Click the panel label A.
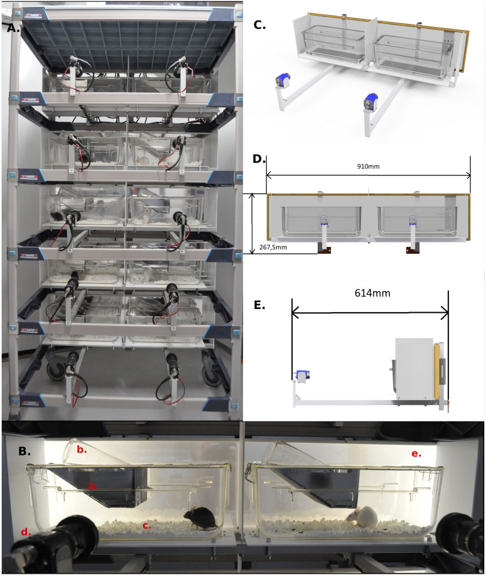pyautogui.click(x=13, y=28)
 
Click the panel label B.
pyautogui.click(x=24, y=451)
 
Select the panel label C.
pyautogui.click(x=260, y=25)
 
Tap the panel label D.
pyautogui.click(x=259, y=159)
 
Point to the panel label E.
pyautogui.click(x=259, y=305)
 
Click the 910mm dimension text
pyautogui.click(x=368, y=166)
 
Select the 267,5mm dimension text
pyautogui.click(x=273, y=247)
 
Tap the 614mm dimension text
pyautogui.click(x=372, y=293)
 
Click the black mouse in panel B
pyautogui.click(x=200, y=518)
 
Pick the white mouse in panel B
pyautogui.click(x=362, y=517)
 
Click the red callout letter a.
pyautogui.click(x=93, y=486)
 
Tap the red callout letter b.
pyautogui.click(x=82, y=449)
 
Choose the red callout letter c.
pyautogui.click(x=146, y=525)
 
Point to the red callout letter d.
pyautogui.click(x=25, y=531)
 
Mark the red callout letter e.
pyautogui.click(x=416, y=454)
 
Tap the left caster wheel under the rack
pyautogui.click(x=56, y=367)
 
